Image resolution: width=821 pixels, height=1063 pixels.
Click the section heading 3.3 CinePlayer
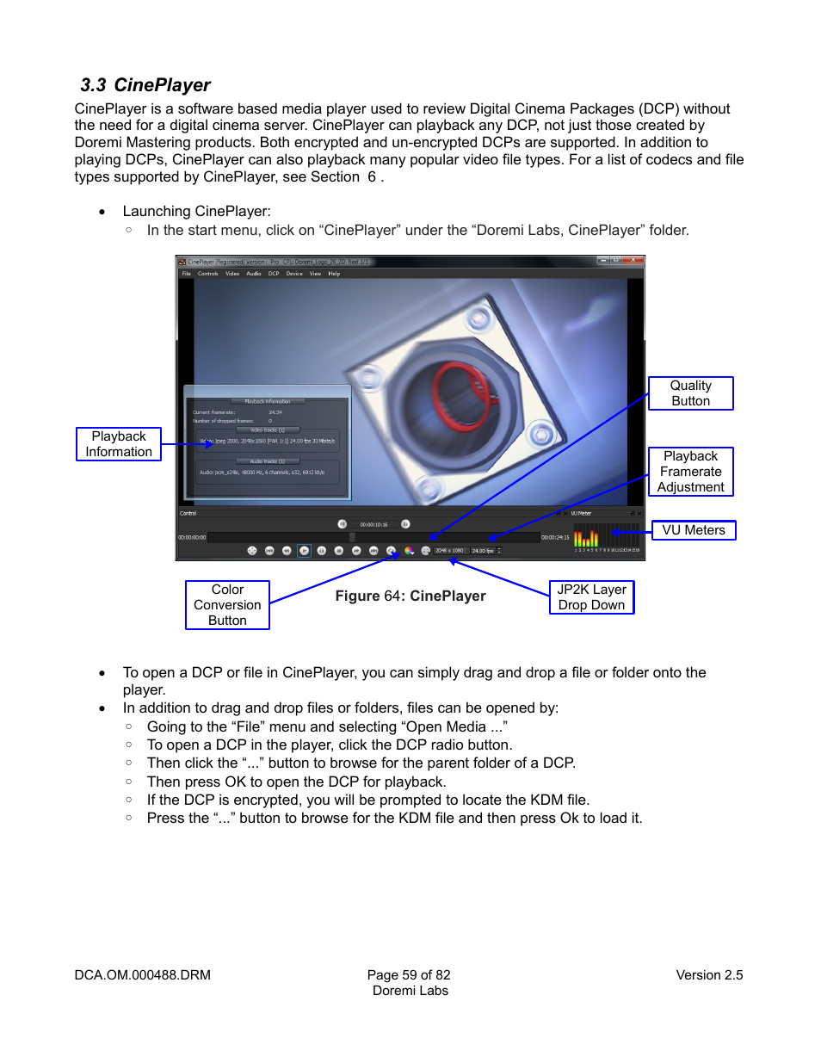click(x=145, y=85)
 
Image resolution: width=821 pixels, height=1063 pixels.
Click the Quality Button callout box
click(x=690, y=393)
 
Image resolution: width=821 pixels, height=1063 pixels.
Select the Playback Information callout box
click(x=119, y=444)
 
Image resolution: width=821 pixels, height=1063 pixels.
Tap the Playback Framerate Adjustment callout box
click(x=690, y=472)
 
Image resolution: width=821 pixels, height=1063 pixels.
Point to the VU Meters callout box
click(x=693, y=530)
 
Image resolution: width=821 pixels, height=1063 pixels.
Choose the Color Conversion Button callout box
click(x=227, y=605)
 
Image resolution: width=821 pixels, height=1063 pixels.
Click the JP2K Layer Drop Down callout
click(x=591, y=597)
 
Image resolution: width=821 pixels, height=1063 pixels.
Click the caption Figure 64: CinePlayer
click(x=410, y=596)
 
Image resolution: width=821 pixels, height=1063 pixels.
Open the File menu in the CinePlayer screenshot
click(x=186, y=274)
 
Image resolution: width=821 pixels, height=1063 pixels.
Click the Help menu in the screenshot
click(x=334, y=274)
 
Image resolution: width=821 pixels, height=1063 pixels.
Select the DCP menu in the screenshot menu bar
click(x=274, y=274)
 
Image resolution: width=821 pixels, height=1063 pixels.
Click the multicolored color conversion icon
click(x=409, y=551)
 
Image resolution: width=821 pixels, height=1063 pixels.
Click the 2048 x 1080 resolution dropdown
click(x=449, y=551)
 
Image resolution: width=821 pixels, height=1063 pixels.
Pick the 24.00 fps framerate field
click(x=483, y=551)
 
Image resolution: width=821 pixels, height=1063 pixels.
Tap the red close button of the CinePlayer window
click(x=634, y=261)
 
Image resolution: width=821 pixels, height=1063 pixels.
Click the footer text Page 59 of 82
click(x=409, y=975)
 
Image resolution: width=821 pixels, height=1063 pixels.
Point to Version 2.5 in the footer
click(x=709, y=975)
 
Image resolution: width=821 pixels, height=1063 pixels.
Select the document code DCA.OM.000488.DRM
click(x=143, y=975)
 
